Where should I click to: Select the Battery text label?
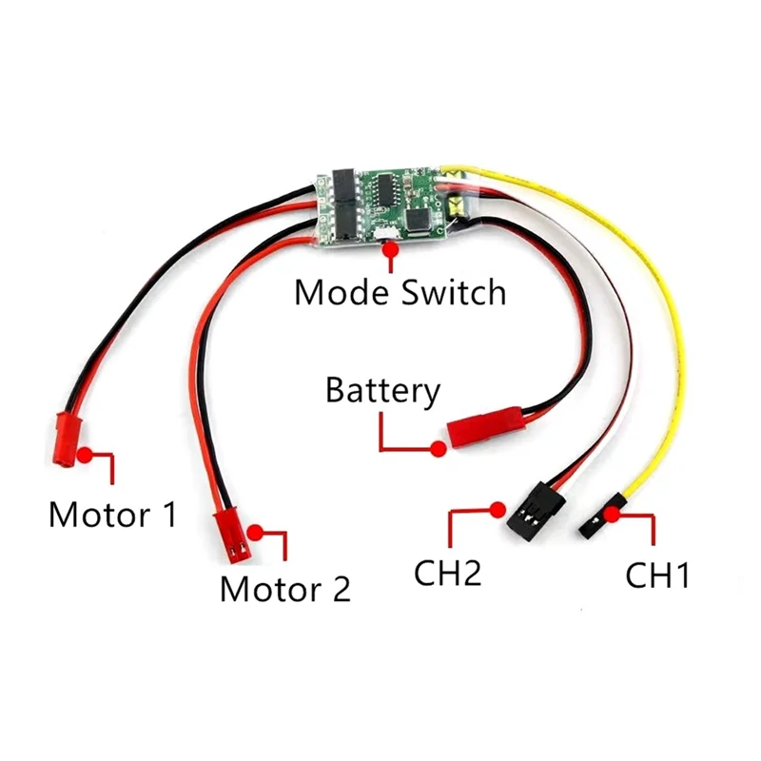click(x=382, y=390)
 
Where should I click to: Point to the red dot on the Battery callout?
click(x=439, y=448)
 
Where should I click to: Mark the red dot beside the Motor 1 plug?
click(x=85, y=455)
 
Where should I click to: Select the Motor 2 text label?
click(x=284, y=588)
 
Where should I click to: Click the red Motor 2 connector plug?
click(x=229, y=535)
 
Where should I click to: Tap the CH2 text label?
click(x=447, y=574)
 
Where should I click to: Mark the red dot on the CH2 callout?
click(x=495, y=508)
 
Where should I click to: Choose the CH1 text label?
click(x=657, y=576)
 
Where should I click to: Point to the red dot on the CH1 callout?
click(x=612, y=515)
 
